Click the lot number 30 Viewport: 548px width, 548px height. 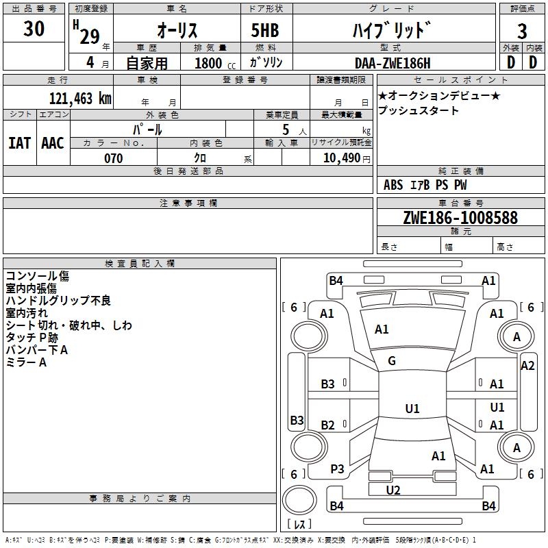tap(34, 28)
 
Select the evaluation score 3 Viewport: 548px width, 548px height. tap(522, 31)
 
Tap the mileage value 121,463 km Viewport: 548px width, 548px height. tap(80, 98)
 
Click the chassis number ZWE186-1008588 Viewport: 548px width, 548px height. tap(460, 217)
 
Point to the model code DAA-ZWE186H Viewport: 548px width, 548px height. tap(393, 63)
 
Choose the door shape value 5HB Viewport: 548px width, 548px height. tap(265, 30)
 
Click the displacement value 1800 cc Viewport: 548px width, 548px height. tap(215, 63)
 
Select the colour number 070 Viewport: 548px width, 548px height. tap(114, 158)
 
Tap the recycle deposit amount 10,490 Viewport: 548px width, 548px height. tap(342, 158)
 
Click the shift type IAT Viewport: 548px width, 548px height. tap(20, 143)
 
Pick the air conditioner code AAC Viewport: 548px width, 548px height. tap(53, 143)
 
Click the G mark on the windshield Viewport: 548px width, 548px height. tap(392, 361)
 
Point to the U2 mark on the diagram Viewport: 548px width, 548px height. tap(393, 490)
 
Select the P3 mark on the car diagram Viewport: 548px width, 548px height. tap(337, 469)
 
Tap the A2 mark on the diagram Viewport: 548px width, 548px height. tap(527, 366)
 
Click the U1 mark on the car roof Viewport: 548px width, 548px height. tap(412, 408)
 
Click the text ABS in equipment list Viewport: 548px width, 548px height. tap(393, 185)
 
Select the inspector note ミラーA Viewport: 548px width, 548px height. tap(26, 362)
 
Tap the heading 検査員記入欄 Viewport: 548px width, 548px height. tap(140, 264)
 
